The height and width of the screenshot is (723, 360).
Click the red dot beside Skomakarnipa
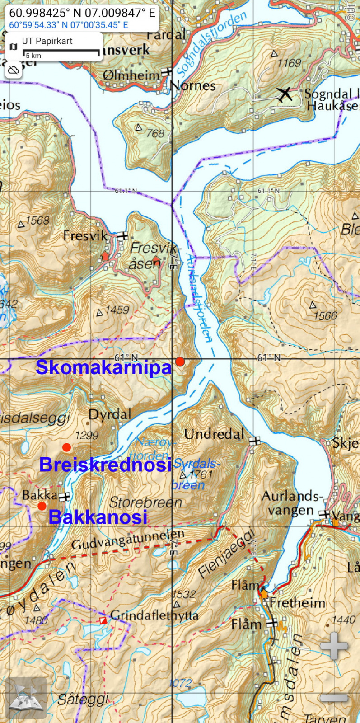point(180,361)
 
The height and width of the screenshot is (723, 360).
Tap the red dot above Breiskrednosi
point(66,447)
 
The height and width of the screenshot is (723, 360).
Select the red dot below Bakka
point(42,506)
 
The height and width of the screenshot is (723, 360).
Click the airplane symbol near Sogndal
point(285,94)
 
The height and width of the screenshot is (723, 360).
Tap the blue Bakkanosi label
point(98,517)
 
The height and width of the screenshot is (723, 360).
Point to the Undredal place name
point(214,434)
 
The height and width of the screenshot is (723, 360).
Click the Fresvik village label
point(85,235)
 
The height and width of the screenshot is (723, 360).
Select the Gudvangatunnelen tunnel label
point(128,540)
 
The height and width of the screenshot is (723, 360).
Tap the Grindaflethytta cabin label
point(154,615)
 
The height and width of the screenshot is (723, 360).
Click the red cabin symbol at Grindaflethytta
point(103,620)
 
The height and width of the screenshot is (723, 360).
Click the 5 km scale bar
point(61,53)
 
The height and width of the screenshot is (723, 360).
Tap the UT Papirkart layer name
point(47,41)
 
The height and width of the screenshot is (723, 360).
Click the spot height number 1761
point(201,474)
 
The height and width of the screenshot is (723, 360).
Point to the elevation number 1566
point(325,315)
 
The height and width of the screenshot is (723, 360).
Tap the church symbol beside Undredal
point(255,441)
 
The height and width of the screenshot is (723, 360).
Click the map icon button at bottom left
point(26,698)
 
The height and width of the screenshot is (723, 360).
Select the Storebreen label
point(145,502)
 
